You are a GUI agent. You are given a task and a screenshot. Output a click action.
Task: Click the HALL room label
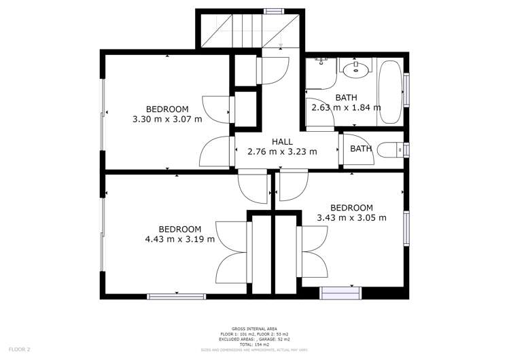282,142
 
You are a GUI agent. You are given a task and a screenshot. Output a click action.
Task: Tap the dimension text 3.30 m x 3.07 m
167,119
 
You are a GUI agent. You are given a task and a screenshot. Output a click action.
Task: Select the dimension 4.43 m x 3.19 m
180,239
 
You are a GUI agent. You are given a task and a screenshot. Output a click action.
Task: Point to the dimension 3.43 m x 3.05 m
351,218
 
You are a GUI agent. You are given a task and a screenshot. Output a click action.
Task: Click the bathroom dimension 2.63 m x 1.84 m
346,107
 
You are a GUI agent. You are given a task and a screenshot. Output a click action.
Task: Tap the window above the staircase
274,11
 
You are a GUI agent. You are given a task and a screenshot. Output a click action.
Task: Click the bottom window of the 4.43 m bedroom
176,295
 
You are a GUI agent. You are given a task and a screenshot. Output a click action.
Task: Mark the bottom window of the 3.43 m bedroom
341,293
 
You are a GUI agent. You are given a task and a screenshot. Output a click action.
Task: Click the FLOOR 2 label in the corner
18,349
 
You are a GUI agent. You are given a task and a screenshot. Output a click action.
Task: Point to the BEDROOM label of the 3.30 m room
167,109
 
